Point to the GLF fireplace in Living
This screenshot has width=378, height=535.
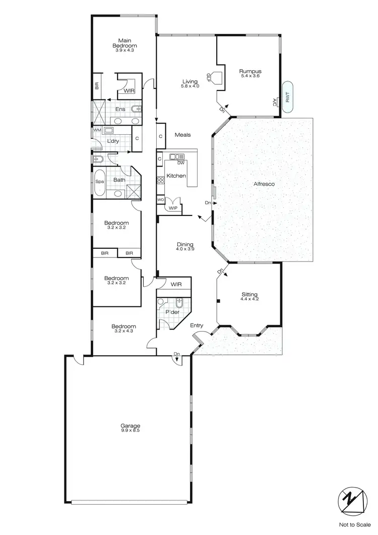click(x=215, y=77)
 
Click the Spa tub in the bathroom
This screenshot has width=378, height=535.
click(x=99, y=185)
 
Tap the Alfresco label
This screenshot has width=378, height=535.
click(x=263, y=185)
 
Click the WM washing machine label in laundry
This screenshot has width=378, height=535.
click(x=97, y=130)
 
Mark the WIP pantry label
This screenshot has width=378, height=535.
click(x=173, y=208)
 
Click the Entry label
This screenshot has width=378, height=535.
click(x=197, y=326)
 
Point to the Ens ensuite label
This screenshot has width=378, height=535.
click(x=120, y=110)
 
